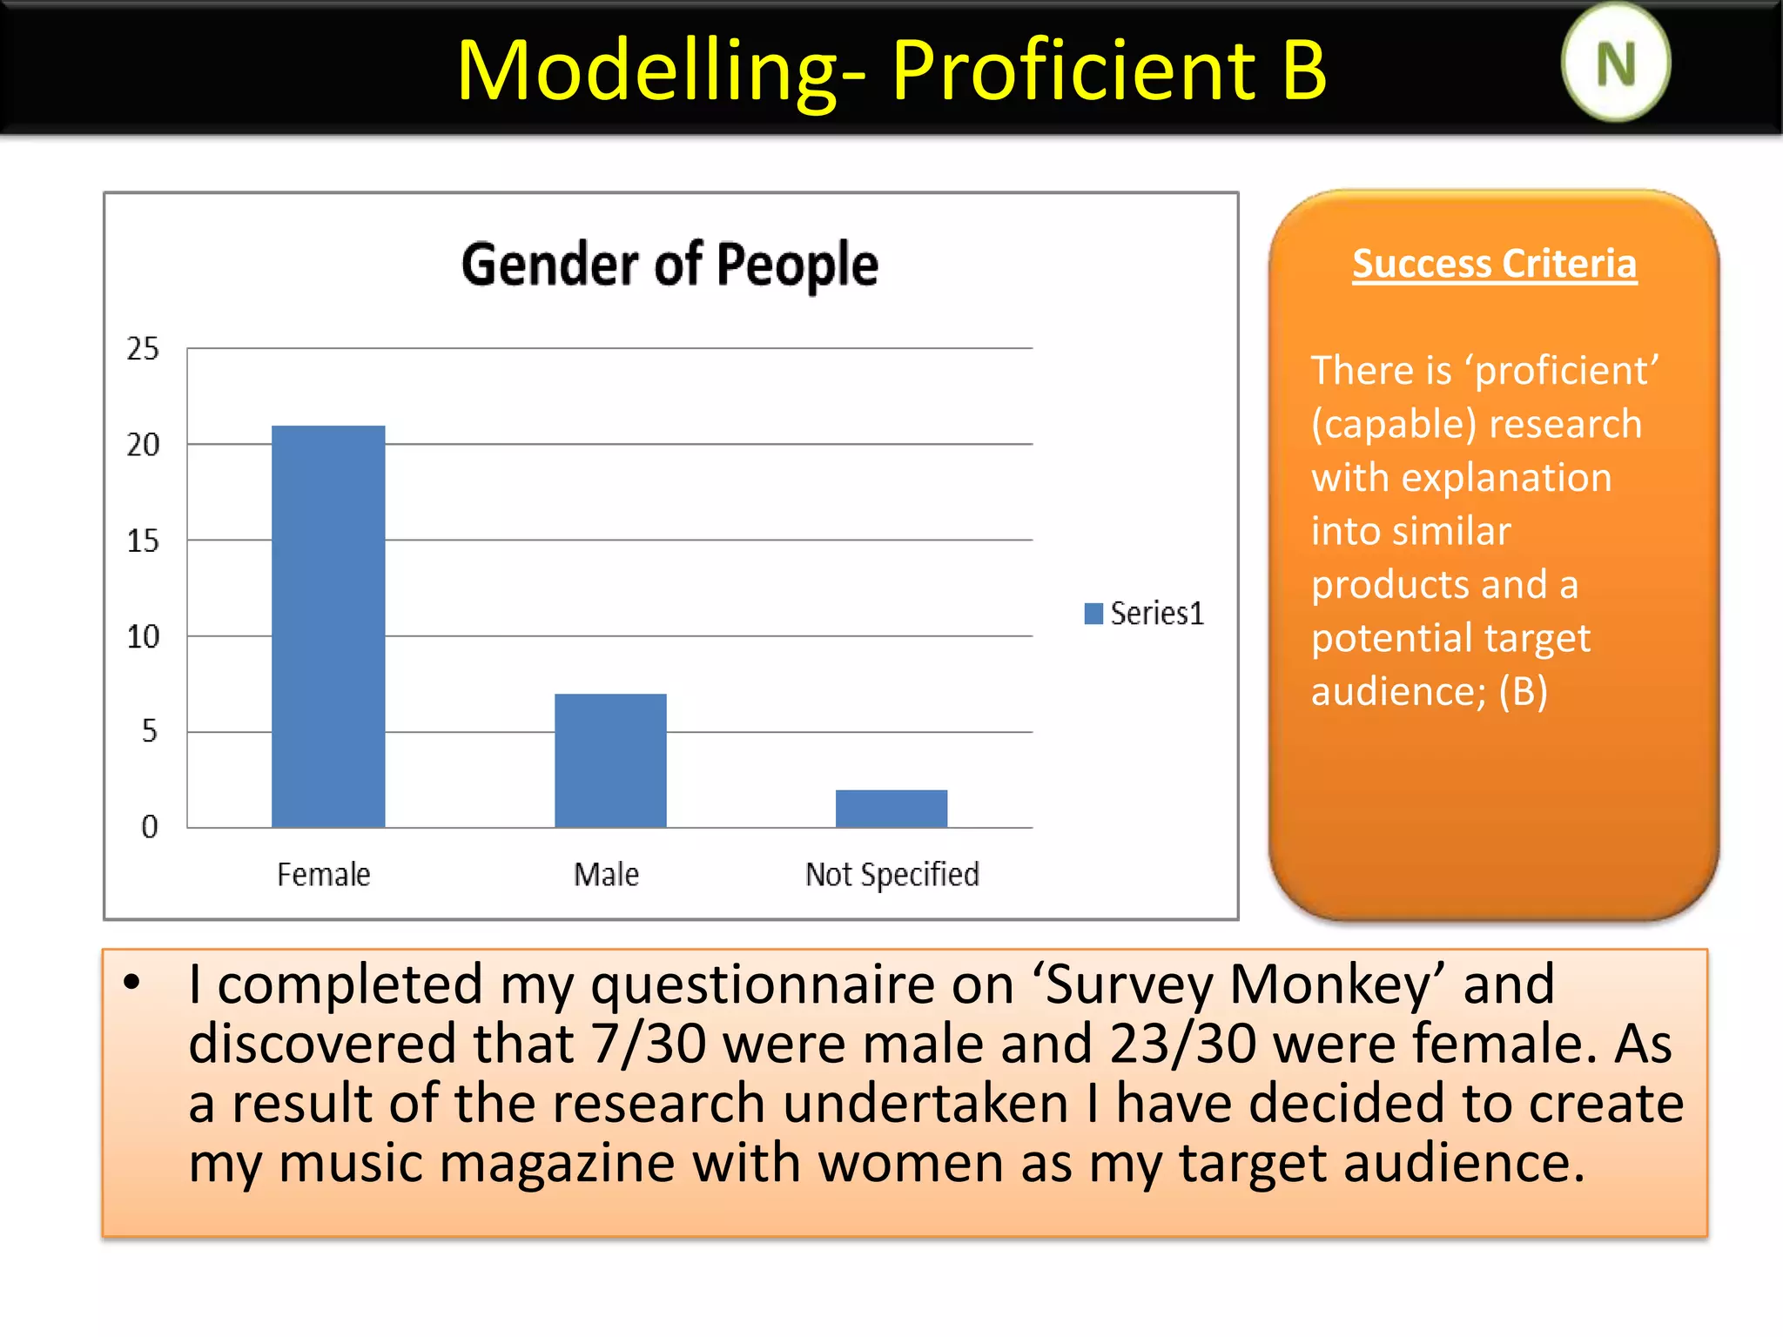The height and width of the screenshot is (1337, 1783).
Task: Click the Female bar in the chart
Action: tap(328, 626)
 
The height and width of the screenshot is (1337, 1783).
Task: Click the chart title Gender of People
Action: tap(669, 265)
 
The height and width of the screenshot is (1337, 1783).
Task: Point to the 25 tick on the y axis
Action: tap(144, 349)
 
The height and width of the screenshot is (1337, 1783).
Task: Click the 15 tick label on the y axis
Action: tap(144, 541)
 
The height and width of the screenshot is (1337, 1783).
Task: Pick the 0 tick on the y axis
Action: tap(150, 827)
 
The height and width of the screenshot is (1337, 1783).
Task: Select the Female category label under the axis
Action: tap(324, 874)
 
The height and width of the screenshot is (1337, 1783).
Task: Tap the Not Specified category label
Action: tap(892, 874)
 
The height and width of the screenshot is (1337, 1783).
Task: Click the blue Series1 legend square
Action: tap(1093, 614)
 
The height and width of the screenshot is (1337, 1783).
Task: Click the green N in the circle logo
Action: tap(1616, 64)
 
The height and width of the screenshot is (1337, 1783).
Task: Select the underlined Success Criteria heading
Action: tap(1494, 264)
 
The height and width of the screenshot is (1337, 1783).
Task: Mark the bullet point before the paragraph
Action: tap(131, 984)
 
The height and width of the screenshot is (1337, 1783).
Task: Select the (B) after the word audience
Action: tap(1523, 692)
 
